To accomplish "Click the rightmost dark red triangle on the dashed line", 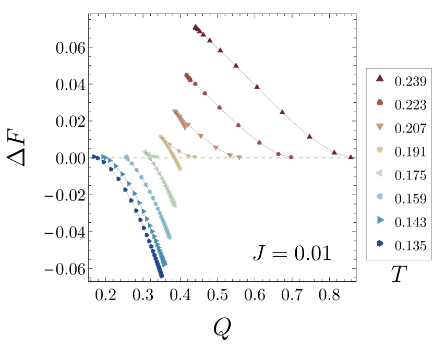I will pos(351,157).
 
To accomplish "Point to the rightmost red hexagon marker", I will pos(291,157).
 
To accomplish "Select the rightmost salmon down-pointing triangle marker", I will pos(239,158).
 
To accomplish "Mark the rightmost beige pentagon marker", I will pos(195,157).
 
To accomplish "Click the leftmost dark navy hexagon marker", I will pos(94,156).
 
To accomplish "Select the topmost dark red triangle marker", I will pos(195,26).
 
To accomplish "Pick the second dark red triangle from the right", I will pos(334,152).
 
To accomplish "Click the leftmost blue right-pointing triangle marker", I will pos(104,157).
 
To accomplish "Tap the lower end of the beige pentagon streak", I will pos(180,169).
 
